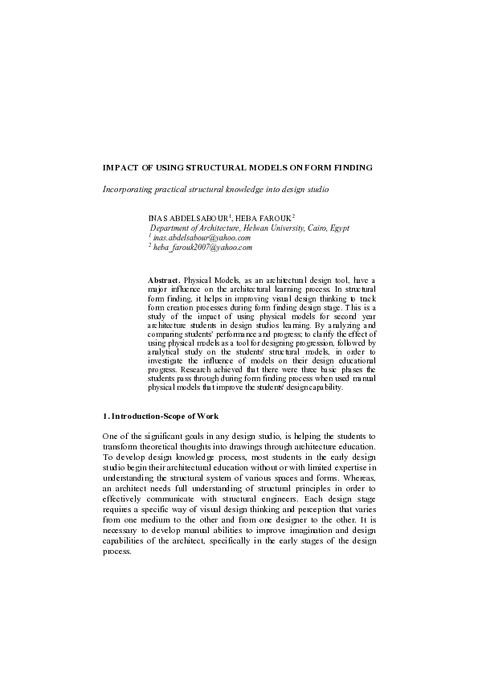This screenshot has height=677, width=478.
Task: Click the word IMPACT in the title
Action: (x=119, y=168)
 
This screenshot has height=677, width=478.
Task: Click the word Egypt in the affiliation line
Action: (x=338, y=228)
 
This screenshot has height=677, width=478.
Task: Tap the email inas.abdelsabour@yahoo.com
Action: (x=202, y=238)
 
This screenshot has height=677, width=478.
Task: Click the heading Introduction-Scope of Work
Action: (x=167, y=416)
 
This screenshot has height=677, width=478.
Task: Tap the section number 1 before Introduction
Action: (x=104, y=416)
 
